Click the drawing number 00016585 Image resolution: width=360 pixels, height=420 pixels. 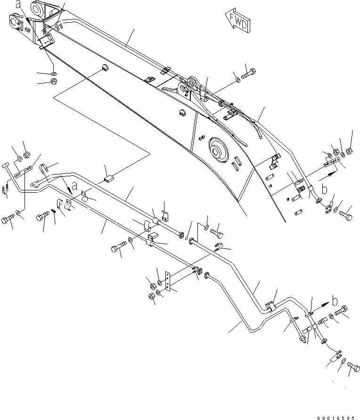(336, 414)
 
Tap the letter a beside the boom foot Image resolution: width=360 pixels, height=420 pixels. (18, 5)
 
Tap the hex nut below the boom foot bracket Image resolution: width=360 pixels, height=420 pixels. (53, 82)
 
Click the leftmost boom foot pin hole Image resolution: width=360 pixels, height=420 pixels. (14, 21)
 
